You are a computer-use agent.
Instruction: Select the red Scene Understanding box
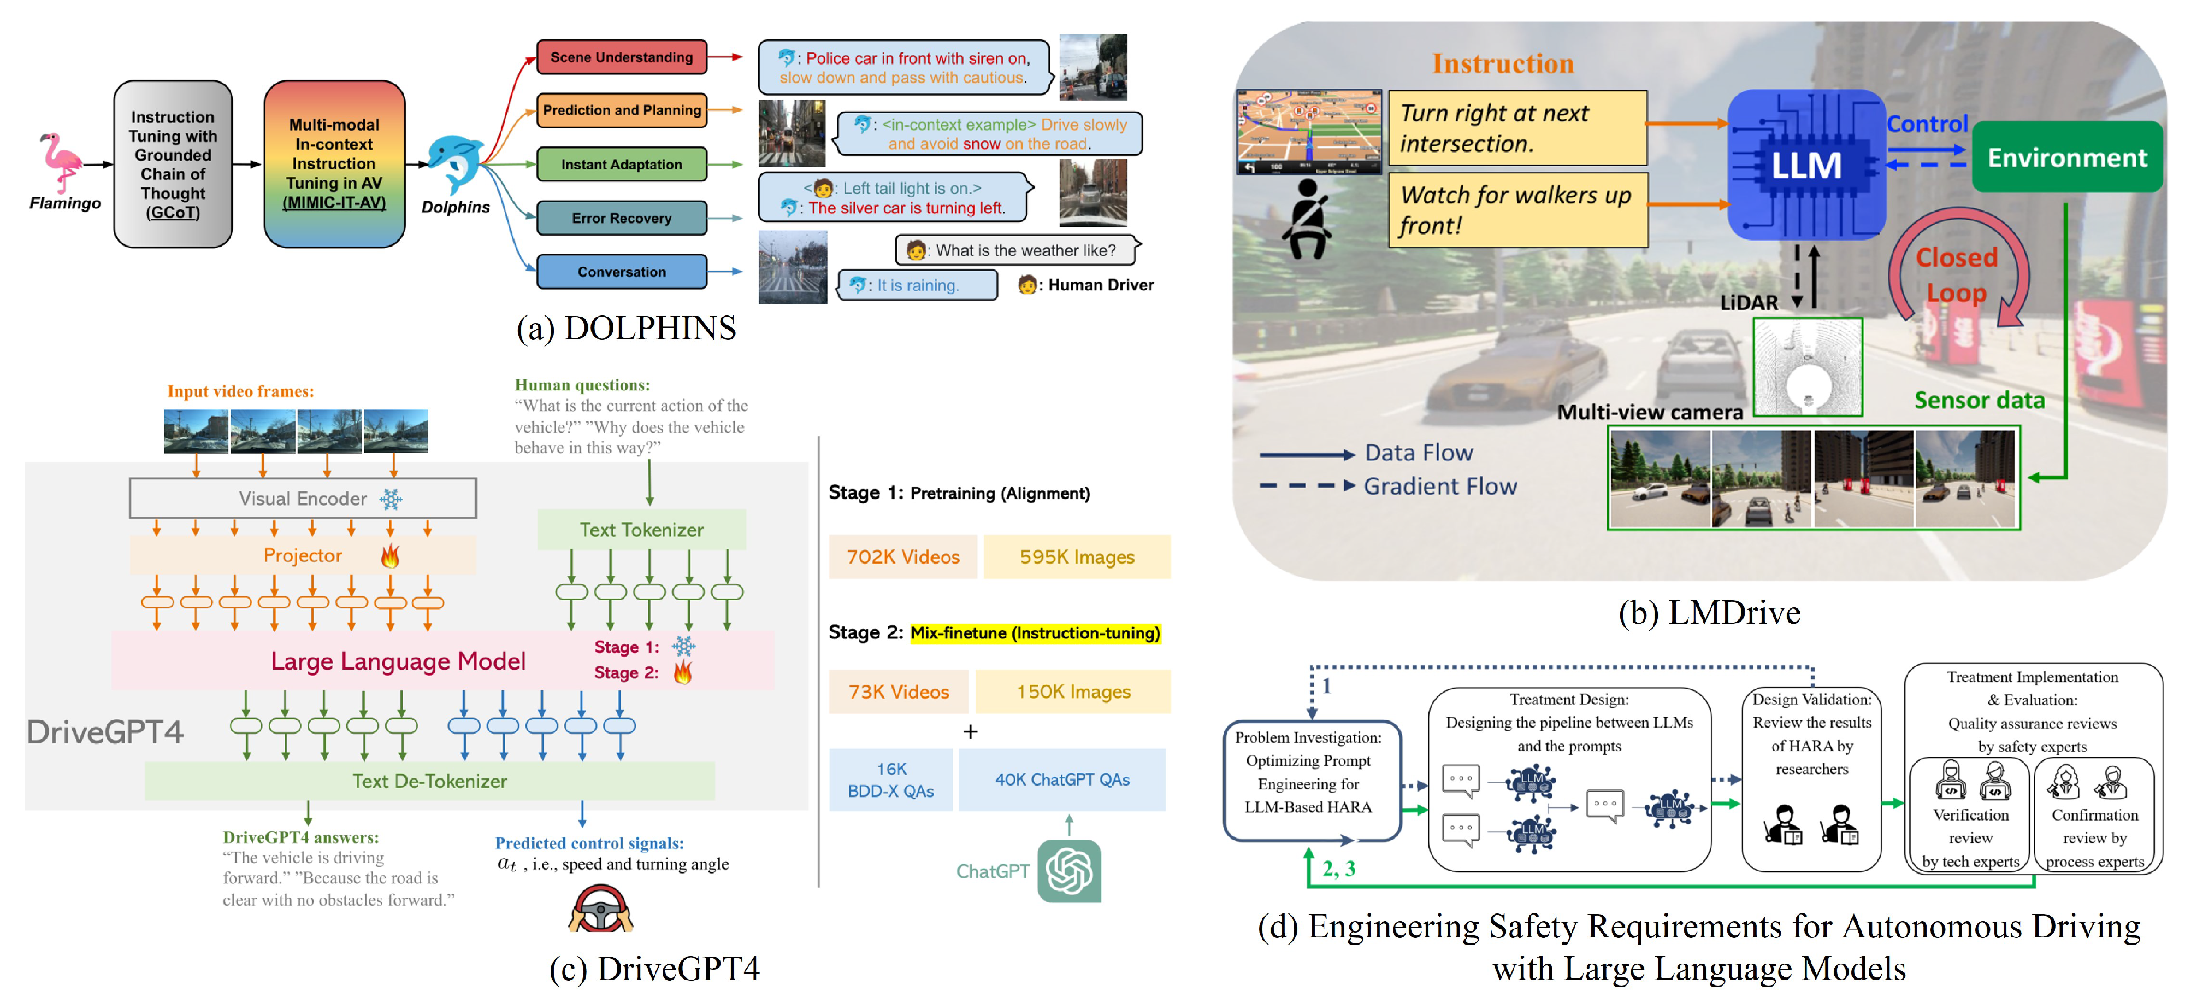tap(621, 57)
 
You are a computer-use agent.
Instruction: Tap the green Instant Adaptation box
tap(621, 164)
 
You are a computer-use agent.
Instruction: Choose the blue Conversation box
tap(621, 272)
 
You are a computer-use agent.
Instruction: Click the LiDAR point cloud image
tap(1806, 367)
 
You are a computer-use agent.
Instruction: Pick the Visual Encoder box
tap(303, 498)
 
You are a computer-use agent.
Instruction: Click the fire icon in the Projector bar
tap(390, 556)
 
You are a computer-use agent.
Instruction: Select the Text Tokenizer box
tap(641, 530)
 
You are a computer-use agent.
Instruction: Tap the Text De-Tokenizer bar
tap(429, 781)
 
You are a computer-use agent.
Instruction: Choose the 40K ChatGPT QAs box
tap(1061, 779)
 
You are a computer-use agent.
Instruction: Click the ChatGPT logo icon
tap(1069, 871)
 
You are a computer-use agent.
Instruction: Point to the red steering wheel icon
tap(600, 910)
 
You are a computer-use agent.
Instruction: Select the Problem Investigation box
tap(1307, 772)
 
